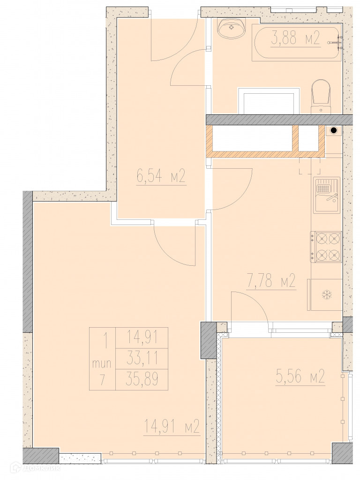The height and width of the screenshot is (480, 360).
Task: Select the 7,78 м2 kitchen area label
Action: (271, 281)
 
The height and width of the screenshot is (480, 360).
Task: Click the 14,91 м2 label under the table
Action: (172, 427)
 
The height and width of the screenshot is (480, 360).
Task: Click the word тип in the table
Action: (102, 364)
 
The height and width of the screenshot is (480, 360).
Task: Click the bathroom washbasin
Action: (232, 28)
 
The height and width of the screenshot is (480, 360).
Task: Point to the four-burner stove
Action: (326, 247)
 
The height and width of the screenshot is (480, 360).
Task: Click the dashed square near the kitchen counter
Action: (309, 165)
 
